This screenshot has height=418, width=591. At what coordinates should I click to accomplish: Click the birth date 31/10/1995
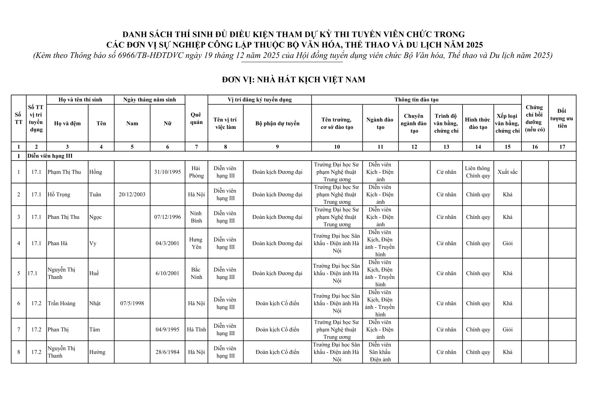(168, 172)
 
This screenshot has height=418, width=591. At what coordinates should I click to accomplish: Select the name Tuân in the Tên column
(95, 195)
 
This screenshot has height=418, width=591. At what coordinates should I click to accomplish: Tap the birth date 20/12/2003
(132, 195)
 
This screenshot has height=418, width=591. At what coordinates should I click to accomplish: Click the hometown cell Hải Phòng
(196, 172)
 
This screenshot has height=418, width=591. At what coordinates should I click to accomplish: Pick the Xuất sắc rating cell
(507, 172)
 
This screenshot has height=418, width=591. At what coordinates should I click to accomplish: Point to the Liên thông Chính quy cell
(478, 172)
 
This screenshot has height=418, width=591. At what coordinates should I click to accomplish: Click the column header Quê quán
(196, 119)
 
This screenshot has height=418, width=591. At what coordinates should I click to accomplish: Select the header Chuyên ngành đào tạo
(414, 123)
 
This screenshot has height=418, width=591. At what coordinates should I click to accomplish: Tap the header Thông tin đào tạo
(416, 100)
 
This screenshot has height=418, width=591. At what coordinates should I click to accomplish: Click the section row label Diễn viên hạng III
(50, 156)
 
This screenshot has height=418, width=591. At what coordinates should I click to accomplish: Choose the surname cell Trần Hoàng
(61, 303)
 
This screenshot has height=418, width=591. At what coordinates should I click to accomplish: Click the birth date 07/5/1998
(132, 303)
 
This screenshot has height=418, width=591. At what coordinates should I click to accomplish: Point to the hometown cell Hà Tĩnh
(196, 329)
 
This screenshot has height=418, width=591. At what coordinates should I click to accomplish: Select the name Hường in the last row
(97, 352)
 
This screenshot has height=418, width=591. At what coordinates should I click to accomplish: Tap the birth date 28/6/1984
(168, 352)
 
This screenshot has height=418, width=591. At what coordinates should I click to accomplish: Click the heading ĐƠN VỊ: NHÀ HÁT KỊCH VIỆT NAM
(294, 80)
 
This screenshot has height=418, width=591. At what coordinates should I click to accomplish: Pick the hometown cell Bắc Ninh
(196, 273)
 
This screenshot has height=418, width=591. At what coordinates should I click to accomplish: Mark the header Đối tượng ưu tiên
(562, 118)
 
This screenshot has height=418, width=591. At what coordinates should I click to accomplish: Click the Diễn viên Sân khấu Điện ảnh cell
(380, 352)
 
